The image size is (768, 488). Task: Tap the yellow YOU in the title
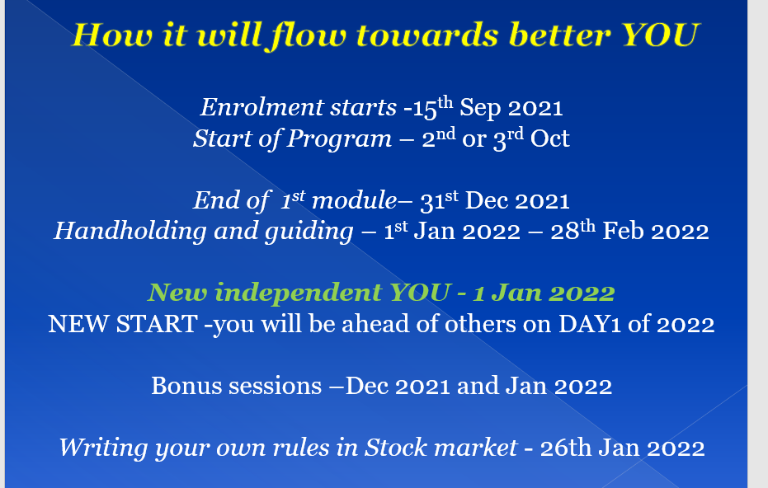coord(659,35)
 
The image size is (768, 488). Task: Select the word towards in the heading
coord(427,35)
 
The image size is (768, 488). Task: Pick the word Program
coord(339,139)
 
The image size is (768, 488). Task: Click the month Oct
coord(549,138)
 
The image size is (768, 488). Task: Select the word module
coord(354,200)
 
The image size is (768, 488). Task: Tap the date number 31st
coord(440,200)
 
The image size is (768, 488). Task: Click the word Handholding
coord(130,231)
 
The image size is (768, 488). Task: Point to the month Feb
coord(623,231)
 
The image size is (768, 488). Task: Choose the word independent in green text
coord(299,293)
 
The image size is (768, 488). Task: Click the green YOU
coord(419,293)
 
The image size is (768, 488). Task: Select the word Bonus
coord(186,386)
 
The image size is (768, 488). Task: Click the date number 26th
coord(566,448)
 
